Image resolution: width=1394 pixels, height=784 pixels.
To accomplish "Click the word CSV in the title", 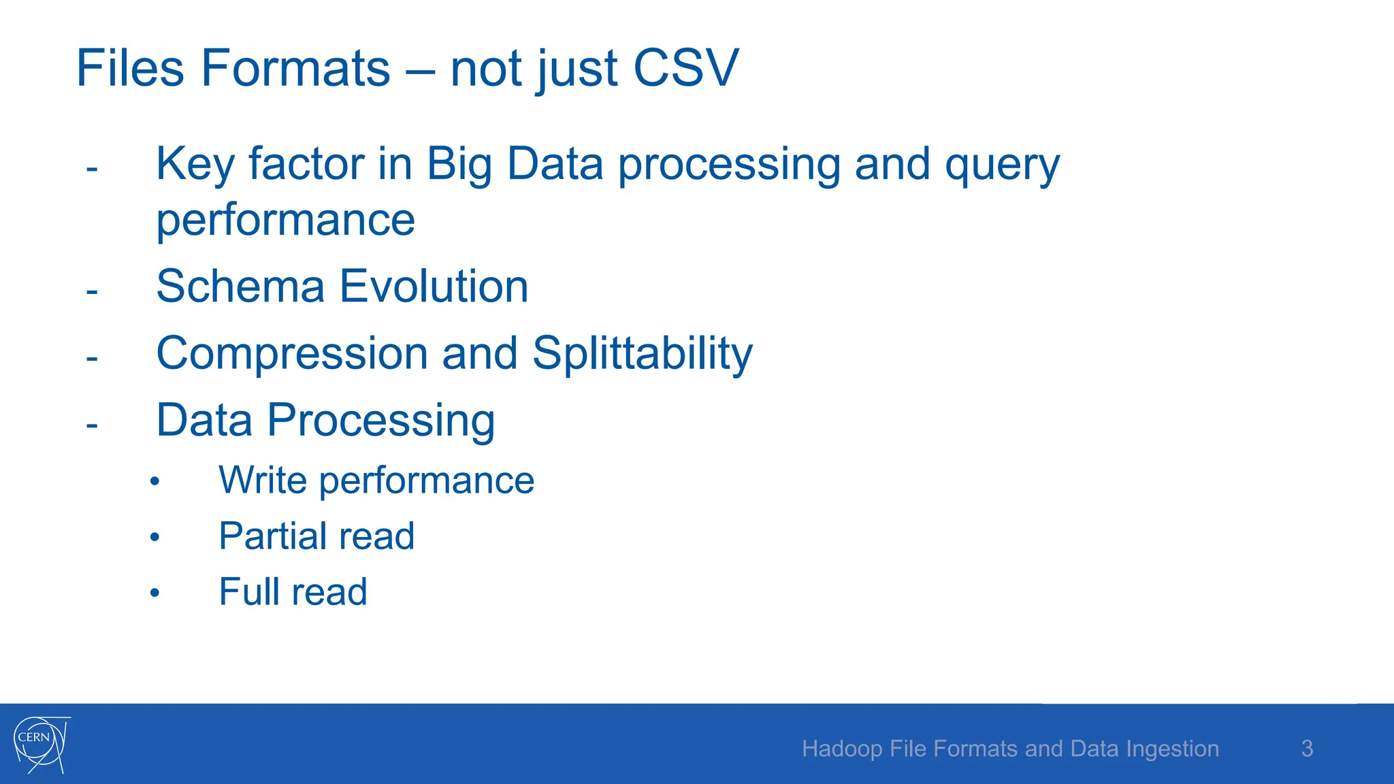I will coord(685,68).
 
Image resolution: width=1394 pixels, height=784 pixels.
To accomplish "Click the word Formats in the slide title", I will coord(295,68).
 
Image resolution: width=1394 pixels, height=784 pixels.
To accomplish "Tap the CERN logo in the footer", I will coord(41,744).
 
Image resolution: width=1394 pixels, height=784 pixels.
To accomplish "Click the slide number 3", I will coord(1307,749).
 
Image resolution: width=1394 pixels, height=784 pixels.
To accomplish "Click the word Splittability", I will coord(642,353).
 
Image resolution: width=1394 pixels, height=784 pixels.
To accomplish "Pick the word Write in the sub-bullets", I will coord(263,480).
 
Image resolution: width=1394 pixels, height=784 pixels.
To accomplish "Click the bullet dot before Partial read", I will coord(155,538).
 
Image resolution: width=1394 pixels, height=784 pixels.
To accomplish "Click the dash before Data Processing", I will coord(92,426).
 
